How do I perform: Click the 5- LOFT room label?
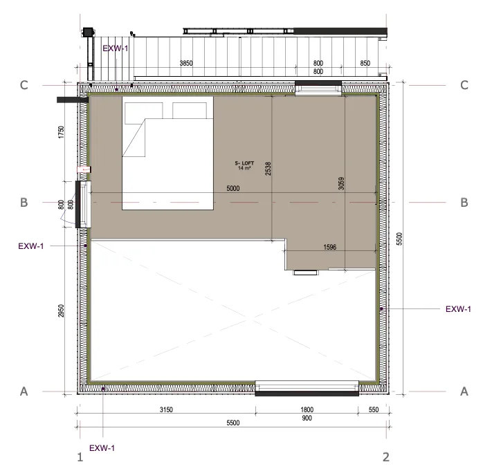click(244, 163)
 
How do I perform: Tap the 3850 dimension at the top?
click(186, 63)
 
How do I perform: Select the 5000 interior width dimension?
click(233, 188)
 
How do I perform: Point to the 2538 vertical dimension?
click(268, 169)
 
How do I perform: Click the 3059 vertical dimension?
click(341, 183)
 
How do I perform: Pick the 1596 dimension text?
click(330, 247)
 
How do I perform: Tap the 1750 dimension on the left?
click(61, 132)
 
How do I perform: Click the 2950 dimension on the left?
click(61, 311)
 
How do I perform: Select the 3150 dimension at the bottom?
click(166, 409)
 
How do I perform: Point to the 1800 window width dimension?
click(307, 409)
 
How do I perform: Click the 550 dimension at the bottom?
click(374, 409)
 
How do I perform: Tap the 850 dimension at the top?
click(365, 63)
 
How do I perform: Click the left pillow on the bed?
click(143, 113)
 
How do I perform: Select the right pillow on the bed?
click(190, 111)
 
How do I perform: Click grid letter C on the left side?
click(24, 85)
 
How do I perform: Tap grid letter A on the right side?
click(464, 391)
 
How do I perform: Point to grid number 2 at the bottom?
click(386, 457)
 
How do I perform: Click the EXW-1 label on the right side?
click(458, 309)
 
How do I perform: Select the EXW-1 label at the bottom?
click(102, 448)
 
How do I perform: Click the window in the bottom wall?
click(307, 388)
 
